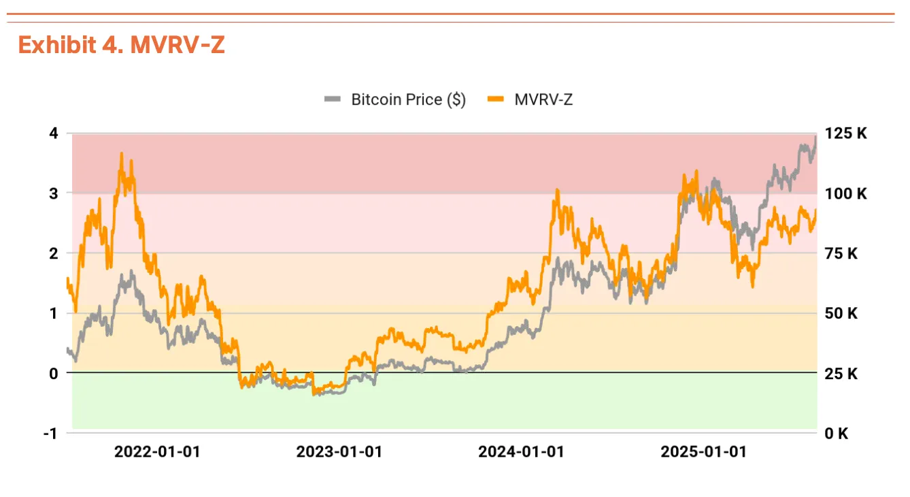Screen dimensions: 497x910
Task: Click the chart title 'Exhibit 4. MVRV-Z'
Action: [121, 45]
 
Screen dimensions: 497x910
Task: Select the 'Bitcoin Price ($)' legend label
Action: [408, 99]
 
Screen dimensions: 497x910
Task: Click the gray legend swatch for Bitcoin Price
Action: [332, 99]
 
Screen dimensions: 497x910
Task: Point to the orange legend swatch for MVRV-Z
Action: [496, 99]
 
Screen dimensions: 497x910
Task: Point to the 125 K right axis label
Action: [846, 133]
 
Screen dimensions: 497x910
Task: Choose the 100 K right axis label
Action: [846, 193]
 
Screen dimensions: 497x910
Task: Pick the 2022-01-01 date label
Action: [157, 452]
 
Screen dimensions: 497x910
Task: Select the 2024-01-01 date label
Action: [521, 452]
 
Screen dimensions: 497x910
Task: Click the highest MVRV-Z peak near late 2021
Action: [121, 154]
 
